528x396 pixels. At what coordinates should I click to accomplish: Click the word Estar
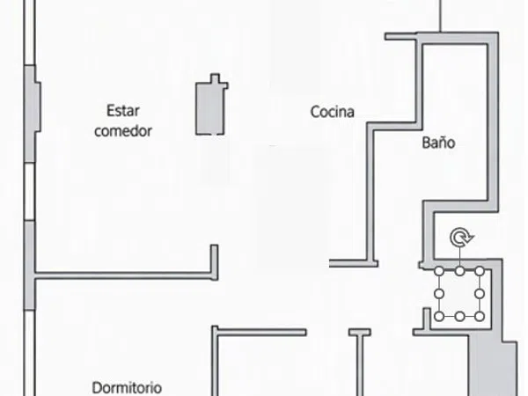click(123, 111)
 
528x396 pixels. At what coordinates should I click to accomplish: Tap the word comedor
click(123, 130)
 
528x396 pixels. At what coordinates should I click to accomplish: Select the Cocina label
click(333, 112)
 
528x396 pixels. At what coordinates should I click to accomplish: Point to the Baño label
click(438, 142)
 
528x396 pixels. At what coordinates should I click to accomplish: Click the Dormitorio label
click(127, 388)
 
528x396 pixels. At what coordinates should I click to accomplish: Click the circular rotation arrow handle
click(462, 238)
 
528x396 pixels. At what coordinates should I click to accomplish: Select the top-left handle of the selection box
click(439, 271)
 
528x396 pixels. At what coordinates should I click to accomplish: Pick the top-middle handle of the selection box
click(459, 271)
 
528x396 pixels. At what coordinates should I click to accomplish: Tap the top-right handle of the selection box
click(480, 271)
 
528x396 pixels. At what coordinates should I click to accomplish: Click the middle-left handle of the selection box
click(439, 294)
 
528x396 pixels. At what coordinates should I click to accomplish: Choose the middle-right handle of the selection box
click(480, 294)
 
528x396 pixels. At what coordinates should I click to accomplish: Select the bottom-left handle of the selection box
click(439, 317)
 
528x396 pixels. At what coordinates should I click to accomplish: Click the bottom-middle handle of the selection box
click(459, 317)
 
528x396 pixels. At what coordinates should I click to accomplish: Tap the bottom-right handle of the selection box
click(480, 317)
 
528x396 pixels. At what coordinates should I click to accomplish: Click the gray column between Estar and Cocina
click(210, 108)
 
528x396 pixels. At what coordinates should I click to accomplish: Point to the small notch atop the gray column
click(215, 78)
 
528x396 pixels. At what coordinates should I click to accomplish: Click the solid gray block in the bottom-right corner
click(494, 367)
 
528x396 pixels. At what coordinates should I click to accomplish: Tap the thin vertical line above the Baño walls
click(441, 16)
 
